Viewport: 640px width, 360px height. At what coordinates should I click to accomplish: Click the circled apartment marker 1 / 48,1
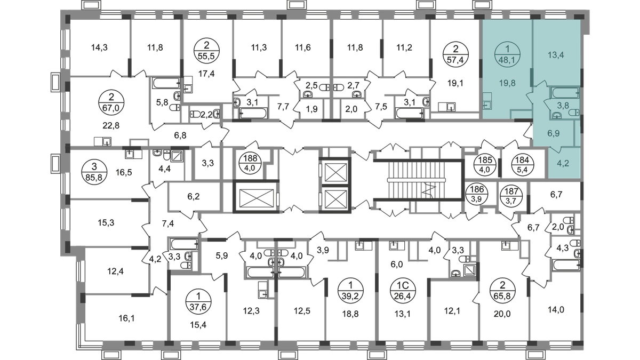click(507, 54)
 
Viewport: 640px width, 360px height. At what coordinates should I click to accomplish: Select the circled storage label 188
click(251, 163)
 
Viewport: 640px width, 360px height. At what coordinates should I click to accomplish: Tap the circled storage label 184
click(522, 165)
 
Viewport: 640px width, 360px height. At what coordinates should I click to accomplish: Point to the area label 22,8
click(111, 125)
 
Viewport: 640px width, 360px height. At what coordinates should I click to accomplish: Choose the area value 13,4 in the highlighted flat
click(556, 55)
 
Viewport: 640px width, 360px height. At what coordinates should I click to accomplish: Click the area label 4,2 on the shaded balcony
click(563, 163)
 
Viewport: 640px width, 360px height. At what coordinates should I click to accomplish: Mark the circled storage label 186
click(477, 193)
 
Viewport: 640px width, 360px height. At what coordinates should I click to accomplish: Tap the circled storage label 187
click(510, 195)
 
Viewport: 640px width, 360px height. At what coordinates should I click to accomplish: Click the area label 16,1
click(126, 318)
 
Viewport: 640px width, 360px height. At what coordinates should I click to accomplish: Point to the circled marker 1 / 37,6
click(198, 302)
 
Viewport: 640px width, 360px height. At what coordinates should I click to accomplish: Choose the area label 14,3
click(99, 47)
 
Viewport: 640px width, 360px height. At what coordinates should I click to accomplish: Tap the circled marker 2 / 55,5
click(206, 50)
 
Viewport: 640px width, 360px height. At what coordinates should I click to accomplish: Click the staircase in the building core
click(418, 180)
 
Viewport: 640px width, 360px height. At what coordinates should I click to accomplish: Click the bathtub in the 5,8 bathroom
click(166, 83)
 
